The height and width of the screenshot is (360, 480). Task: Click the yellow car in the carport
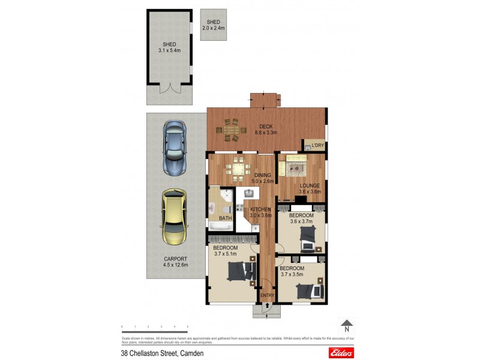tap(173, 217)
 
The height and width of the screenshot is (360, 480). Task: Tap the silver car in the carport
tap(174, 146)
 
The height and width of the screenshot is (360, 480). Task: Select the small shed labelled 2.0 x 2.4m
tap(214, 25)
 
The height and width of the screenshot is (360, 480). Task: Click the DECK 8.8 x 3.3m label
tap(268, 129)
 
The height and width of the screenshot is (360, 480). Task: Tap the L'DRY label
tap(317, 145)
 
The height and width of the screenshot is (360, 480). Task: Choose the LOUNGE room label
tap(310, 188)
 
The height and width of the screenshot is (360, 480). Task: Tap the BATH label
tap(225, 218)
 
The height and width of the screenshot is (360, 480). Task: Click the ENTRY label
tap(267, 295)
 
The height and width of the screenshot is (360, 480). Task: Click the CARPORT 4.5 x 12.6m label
tap(176, 262)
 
